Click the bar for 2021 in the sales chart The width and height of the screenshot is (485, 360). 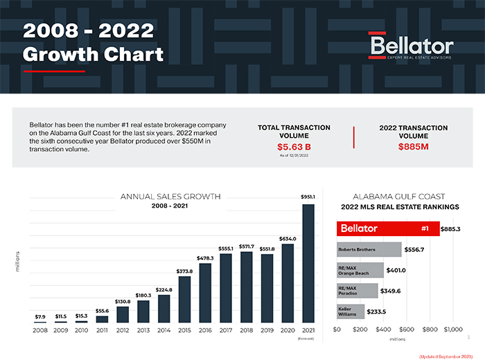pyautogui.click(x=308, y=263)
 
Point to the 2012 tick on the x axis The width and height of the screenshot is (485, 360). pyautogui.click(x=123, y=330)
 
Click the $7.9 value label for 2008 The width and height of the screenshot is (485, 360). pyautogui.click(x=41, y=316)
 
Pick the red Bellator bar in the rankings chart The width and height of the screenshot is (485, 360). pyautogui.click(x=388, y=228)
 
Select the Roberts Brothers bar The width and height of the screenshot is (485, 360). pyautogui.click(x=369, y=249)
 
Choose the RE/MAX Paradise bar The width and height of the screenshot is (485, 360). pyautogui.click(x=358, y=291)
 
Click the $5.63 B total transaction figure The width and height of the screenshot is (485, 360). pyautogui.click(x=294, y=147)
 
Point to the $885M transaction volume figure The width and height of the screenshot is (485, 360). pyautogui.click(x=414, y=147)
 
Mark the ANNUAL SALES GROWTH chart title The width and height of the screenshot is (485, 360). pyautogui.click(x=170, y=197)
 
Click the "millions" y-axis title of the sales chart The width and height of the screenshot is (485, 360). pyautogui.click(x=18, y=261)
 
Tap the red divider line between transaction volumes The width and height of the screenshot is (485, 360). pyautogui.click(x=354, y=138)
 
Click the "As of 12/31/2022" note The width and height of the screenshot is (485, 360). pyautogui.click(x=294, y=157)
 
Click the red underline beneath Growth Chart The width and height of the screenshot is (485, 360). pyautogui.click(x=54, y=70)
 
